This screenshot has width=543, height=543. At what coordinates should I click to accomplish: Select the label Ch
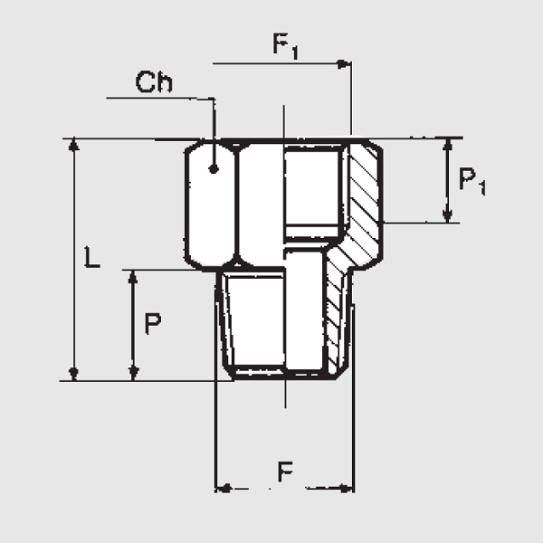coord(154,82)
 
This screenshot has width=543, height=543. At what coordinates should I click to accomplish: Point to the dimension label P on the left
coord(153,323)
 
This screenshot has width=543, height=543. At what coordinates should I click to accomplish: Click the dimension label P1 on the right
coord(472,180)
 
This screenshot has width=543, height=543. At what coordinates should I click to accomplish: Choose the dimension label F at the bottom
coord(285,471)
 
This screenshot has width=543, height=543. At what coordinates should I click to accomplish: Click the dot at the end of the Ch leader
coord(214,168)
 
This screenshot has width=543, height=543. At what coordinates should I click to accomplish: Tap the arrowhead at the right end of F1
coord(344,64)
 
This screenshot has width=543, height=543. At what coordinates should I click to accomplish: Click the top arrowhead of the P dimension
coord(133,276)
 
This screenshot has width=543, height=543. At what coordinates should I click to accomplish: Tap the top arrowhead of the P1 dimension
coord(447,145)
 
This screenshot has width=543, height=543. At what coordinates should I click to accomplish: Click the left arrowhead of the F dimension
coord(221,489)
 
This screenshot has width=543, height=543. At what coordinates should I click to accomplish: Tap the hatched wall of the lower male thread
coord(338,317)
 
